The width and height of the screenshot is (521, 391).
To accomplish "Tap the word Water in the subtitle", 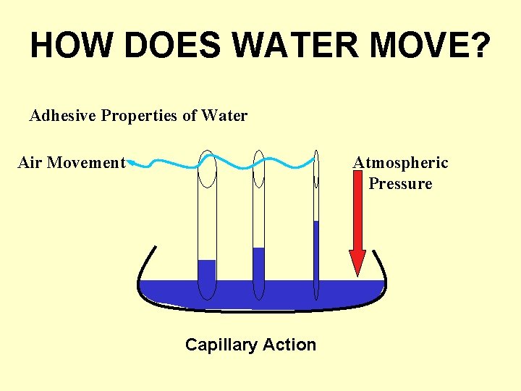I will point(224,116).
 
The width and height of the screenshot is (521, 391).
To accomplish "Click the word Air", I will point(30,163).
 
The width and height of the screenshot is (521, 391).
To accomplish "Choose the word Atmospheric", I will point(401,163).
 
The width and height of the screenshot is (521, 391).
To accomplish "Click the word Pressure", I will point(400,184).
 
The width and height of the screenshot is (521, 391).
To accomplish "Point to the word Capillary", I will point(219,345).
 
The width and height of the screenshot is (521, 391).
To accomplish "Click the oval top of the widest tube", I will point(207,169).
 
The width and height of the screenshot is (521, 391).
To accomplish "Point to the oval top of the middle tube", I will point(258,169).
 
